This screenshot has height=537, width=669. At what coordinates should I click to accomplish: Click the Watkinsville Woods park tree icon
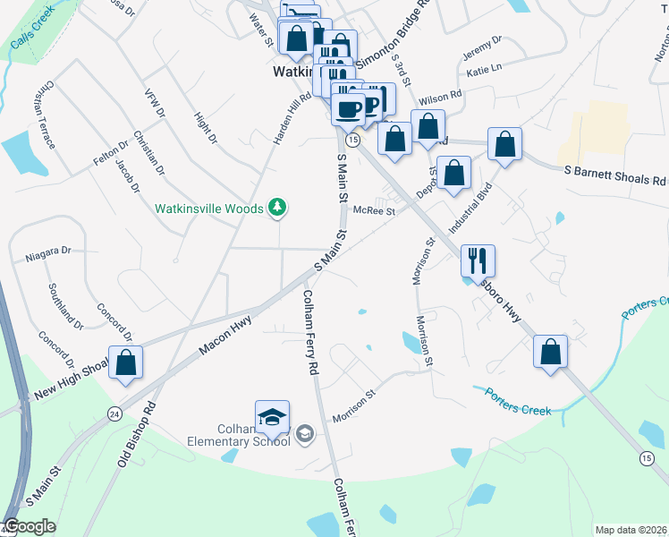(278, 209)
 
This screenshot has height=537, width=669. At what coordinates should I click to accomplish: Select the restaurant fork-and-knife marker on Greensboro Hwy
(478, 260)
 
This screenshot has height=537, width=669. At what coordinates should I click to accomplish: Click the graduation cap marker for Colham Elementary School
(272, 417)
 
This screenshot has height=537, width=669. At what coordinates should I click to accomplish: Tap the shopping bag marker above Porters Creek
(551, 352)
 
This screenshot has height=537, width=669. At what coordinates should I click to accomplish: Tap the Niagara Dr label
(48, 252)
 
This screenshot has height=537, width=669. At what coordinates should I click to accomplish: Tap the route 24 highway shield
(114, 413)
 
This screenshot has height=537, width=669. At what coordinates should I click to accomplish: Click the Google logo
(30, 526)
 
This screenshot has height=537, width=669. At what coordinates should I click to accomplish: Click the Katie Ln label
(484, 69)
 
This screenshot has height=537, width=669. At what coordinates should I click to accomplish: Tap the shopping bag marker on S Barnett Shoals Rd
(504, 144)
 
